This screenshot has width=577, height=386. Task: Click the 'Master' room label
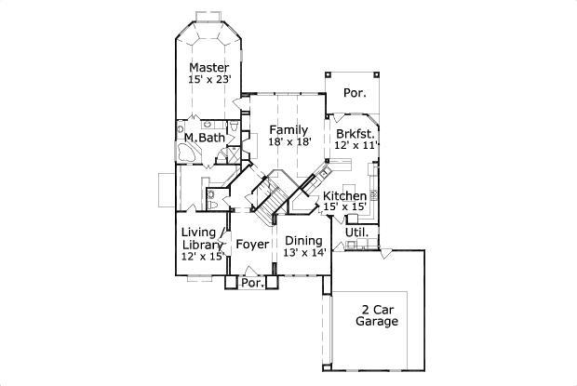209,67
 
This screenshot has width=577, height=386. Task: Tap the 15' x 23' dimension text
209,80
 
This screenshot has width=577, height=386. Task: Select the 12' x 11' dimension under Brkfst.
357,146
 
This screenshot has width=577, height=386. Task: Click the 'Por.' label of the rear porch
355,93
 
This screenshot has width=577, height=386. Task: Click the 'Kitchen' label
344,196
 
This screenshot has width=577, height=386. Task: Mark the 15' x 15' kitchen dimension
344,208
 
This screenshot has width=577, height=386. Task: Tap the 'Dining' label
303,239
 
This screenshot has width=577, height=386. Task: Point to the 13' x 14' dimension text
303,252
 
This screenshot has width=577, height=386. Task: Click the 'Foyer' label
251,245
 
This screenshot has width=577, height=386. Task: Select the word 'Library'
201,245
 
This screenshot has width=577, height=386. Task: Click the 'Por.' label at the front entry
251,283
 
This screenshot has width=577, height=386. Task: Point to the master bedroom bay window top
210,19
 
